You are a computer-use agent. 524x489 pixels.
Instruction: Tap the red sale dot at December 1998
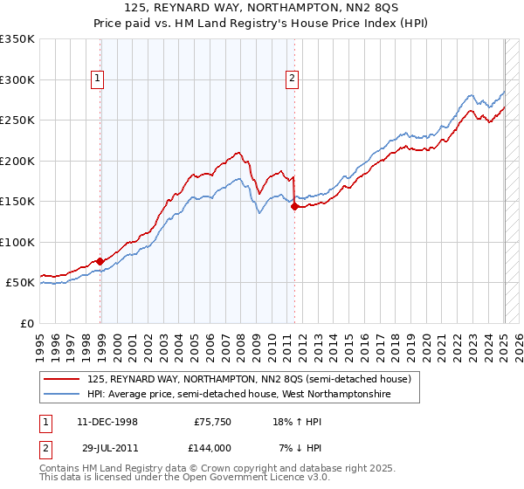100,261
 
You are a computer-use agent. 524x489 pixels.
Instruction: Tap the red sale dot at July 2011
294,206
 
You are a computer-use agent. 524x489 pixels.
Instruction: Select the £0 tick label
26,323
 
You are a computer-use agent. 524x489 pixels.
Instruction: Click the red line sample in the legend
62,379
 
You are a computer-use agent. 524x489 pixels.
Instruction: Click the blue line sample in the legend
62,395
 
